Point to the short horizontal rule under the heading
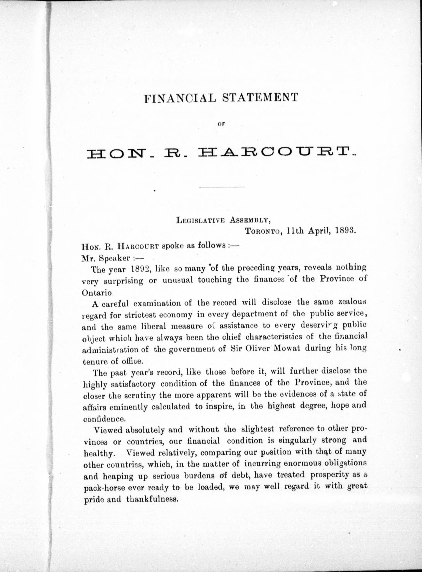(222, 188)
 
